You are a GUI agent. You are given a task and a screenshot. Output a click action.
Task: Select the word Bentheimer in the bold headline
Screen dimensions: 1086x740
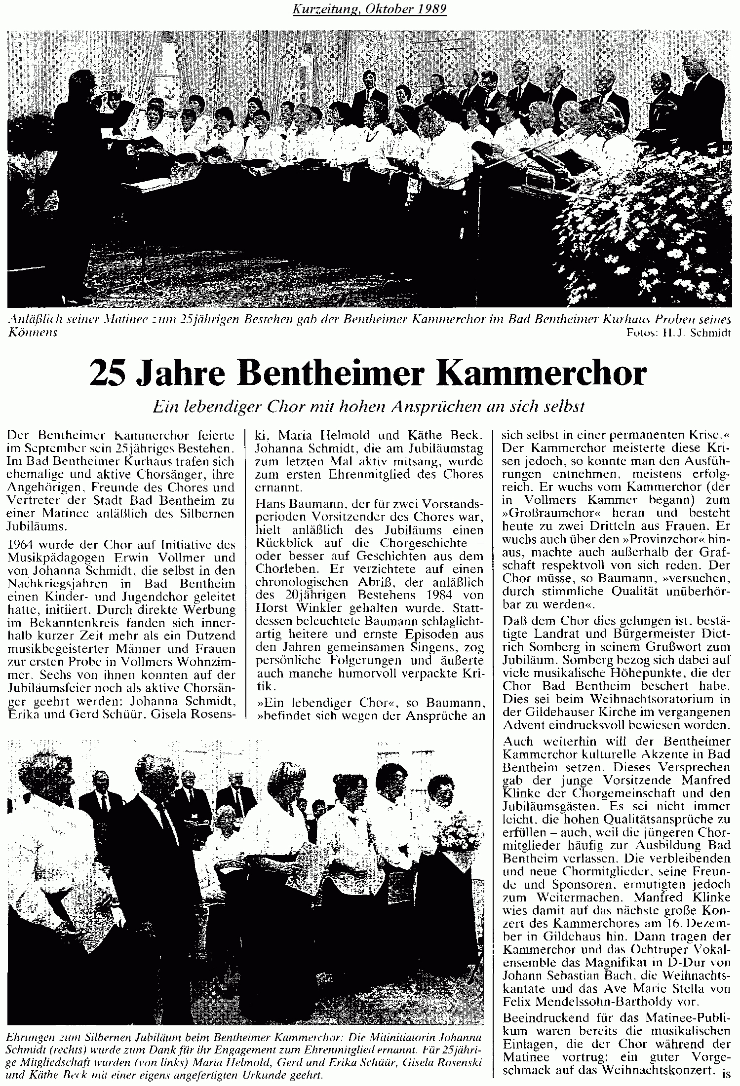click(x=333, y=374)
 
